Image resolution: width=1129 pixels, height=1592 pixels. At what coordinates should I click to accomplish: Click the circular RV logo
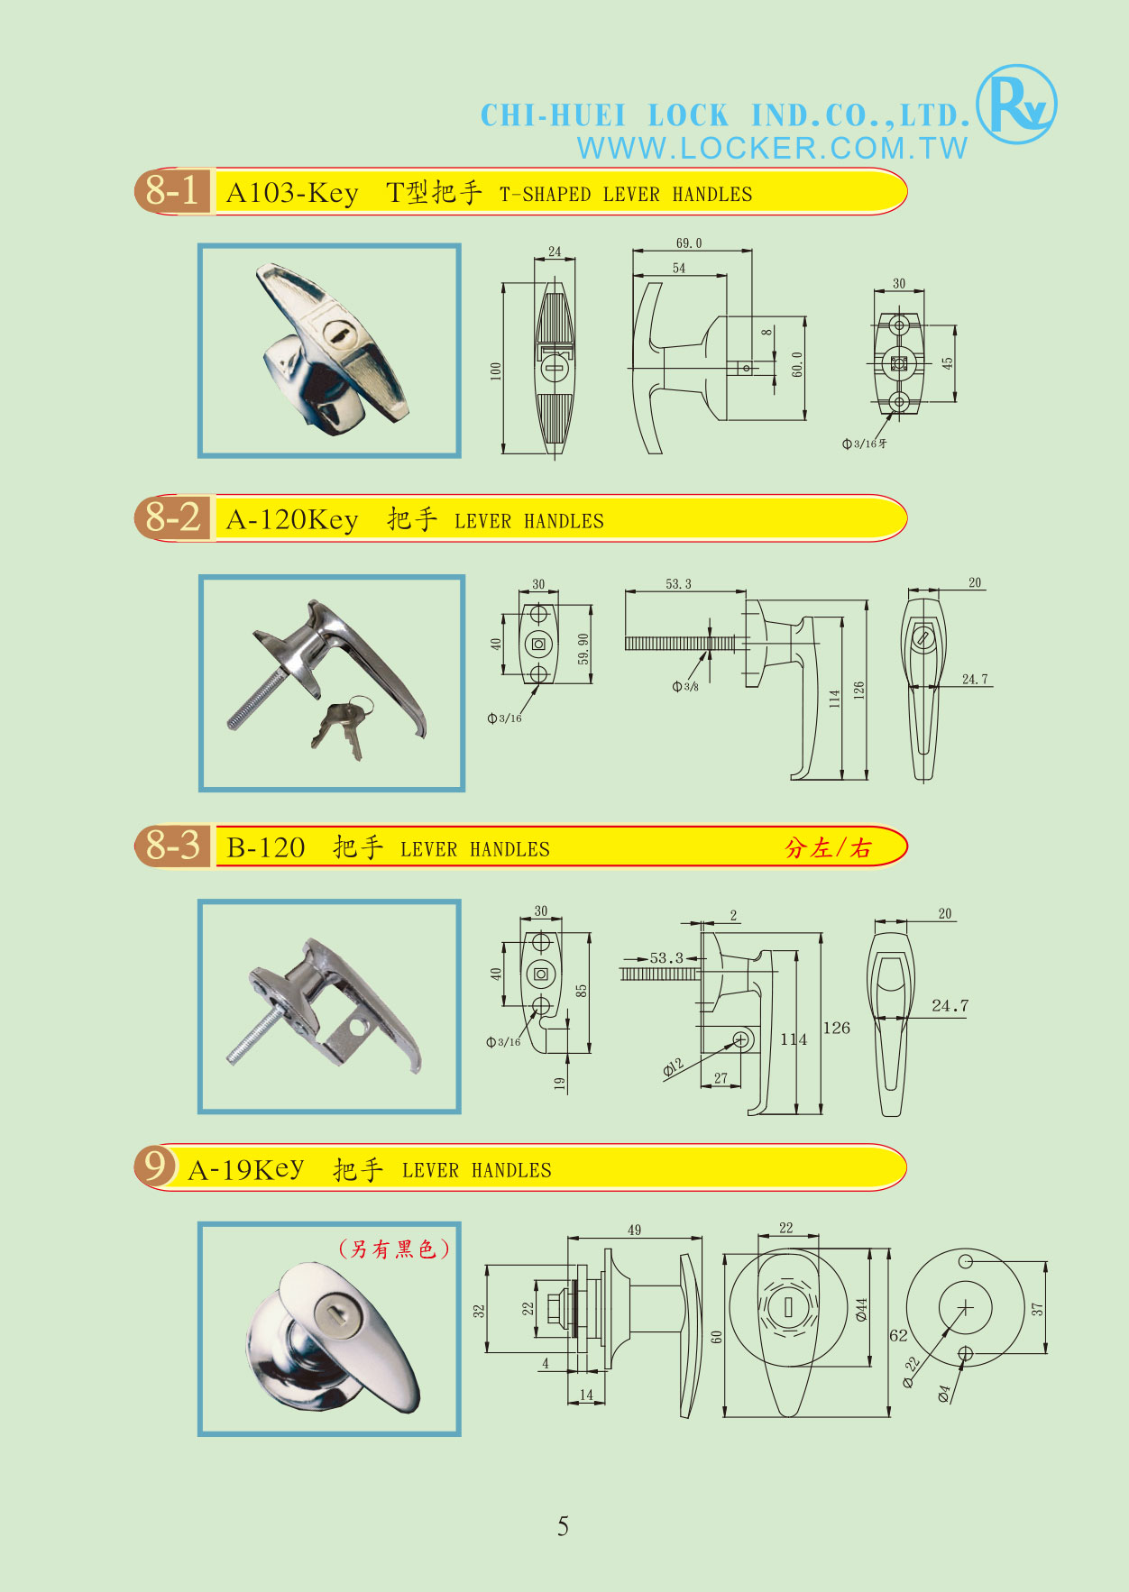tap(1016, 105)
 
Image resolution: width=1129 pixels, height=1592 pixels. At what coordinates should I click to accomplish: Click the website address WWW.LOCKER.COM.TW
tap(773, 148)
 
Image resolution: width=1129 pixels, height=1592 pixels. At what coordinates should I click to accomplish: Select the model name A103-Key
tap(292, 193)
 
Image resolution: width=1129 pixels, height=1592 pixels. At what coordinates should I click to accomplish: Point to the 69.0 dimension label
tap(688, 243)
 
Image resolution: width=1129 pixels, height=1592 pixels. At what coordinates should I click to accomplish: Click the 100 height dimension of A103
tap(495, 371)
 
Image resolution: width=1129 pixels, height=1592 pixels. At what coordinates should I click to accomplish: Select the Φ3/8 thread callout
tap(685, 687)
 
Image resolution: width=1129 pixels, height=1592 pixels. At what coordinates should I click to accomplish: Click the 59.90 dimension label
tap(583, 649)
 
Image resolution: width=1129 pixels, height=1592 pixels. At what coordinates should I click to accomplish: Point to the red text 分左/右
tap(828, 848)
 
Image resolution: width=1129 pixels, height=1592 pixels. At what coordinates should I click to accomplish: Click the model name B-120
tap(266, 847)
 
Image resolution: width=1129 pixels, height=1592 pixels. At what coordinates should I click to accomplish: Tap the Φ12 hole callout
tap(674, 1067)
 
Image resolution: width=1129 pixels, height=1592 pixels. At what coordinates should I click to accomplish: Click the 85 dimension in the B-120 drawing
tap(582, 990)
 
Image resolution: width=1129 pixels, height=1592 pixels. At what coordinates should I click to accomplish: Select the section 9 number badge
tap(154, 1166)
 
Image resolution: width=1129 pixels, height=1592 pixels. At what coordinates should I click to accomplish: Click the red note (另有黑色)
tap(393, 1249)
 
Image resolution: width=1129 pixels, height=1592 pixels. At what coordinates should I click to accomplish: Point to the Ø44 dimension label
tap(861, 1309)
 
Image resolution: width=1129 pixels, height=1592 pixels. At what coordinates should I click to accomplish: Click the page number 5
tap(563, 1526)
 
